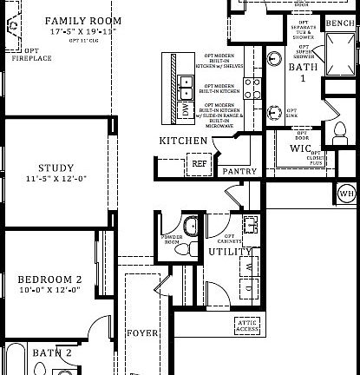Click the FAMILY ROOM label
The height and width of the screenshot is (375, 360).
[x=82, y=20]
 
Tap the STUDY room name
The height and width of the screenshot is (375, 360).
[x=56, y=168]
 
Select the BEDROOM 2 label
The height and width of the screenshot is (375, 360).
[x=49, y=279]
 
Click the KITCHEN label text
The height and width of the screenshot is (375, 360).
[x=183, y=141]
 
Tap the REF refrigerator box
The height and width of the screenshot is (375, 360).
[x=200, y=162]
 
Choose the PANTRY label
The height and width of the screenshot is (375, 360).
[x=239, y=172]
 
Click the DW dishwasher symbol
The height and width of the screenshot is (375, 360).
[x=185, y=109]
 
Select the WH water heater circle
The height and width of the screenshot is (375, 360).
[x=346, y=193]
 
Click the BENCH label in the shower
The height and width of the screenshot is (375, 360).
[x=339, y=23]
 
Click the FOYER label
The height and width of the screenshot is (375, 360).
[x=143, y=332]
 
